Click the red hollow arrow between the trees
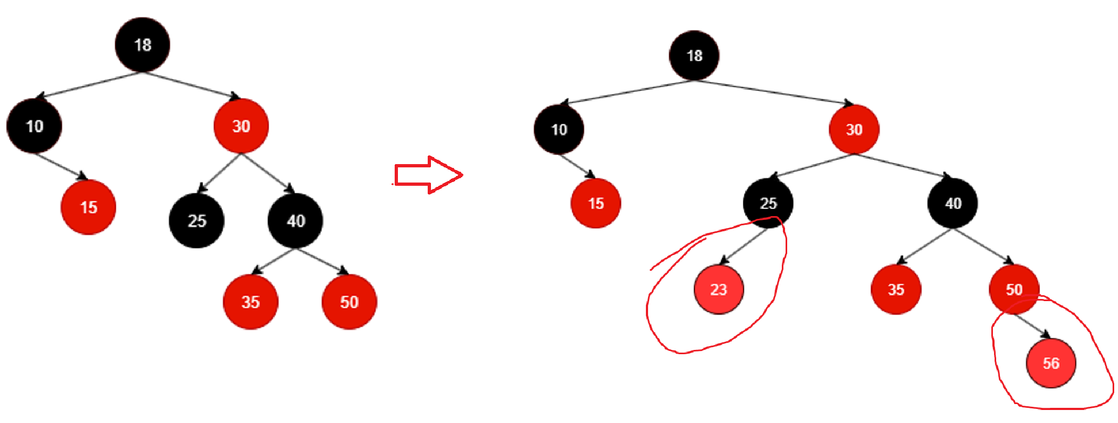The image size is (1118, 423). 428,175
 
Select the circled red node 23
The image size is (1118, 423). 718,289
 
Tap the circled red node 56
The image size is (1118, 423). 1050,363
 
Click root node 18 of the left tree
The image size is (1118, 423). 142,45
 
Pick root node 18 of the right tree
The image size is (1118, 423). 694,55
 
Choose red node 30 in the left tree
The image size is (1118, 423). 241,126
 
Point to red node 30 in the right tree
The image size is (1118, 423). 854,129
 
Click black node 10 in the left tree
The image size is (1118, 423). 34,126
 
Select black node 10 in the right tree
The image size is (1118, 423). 559,129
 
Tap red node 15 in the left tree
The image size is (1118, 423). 88,207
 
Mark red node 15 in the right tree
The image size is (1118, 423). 596,203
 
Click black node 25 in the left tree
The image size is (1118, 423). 197,220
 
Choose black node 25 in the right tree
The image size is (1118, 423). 768,203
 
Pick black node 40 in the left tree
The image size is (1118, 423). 295,220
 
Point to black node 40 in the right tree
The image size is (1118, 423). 952,203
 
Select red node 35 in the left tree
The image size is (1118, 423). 250,302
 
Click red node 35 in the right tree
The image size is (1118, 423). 895,289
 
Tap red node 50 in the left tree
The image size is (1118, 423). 349,302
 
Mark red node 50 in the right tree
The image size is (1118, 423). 1014,289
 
